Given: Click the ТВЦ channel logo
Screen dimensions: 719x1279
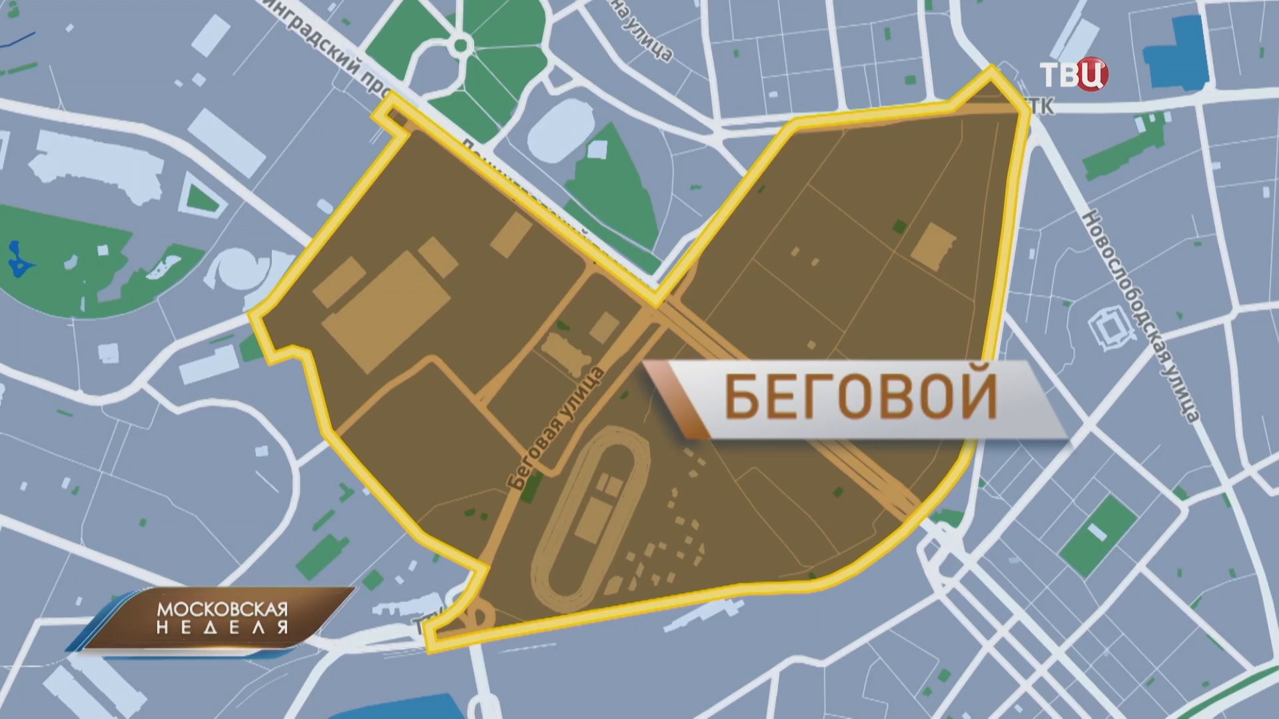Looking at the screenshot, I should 1074,73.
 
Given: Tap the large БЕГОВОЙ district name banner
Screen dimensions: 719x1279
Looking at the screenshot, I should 859,398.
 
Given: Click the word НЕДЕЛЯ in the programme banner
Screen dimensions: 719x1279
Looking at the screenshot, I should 222,628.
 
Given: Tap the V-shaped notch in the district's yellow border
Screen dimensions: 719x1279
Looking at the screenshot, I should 656,303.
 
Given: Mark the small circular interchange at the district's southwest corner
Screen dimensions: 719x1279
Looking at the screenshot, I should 478,614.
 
